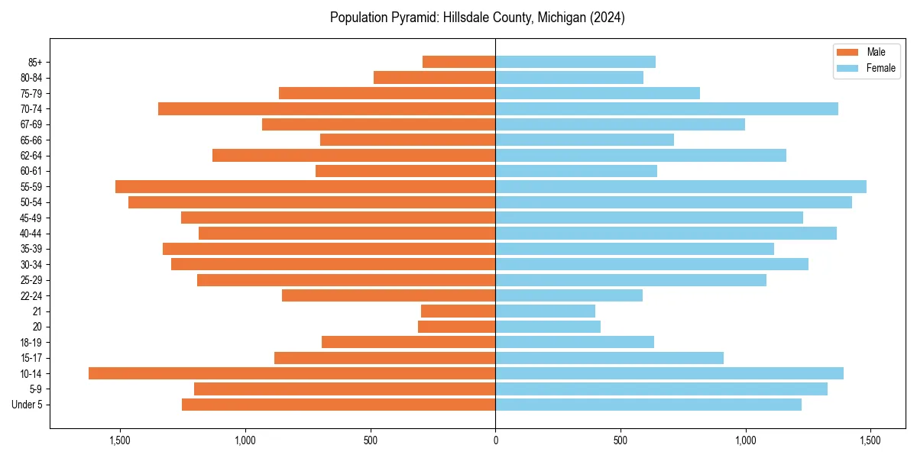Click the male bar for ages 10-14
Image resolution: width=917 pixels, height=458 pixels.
click(x=292, y=373)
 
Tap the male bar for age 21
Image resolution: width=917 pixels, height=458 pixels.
click(x=458, y=311)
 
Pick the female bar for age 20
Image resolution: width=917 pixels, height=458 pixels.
click(x=548, y=327)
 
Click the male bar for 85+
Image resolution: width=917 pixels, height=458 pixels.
click(x=458, y=62)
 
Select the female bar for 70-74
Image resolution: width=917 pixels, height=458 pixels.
click(x=666, y=108)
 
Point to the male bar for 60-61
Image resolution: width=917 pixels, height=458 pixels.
click(x=405, y=171)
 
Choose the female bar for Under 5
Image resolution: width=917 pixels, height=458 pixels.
click(x=648, y=405)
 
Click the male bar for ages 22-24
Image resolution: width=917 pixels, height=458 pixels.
click(x=388, y=295)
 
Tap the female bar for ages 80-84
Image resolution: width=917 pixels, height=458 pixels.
click(x=569, y=77)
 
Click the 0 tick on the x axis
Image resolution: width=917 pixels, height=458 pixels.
click(x=495, y=440)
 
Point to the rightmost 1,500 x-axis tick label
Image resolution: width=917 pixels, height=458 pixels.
click(x=870, y=440)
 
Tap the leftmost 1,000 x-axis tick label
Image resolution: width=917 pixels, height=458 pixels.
click(x=245, y=440)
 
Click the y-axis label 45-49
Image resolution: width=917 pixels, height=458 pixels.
click(x=31, y=218)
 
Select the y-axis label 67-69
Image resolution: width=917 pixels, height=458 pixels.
click(x=31, y=124)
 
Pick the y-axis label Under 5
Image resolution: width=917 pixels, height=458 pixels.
click(x=28, y=405)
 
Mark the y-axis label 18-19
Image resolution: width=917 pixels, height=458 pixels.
click(x=31, y=342)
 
